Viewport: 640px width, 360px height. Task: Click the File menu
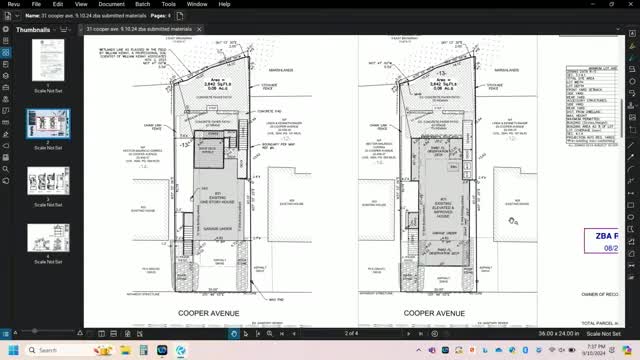[36, 4]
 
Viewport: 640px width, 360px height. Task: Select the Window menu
[197, 4]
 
